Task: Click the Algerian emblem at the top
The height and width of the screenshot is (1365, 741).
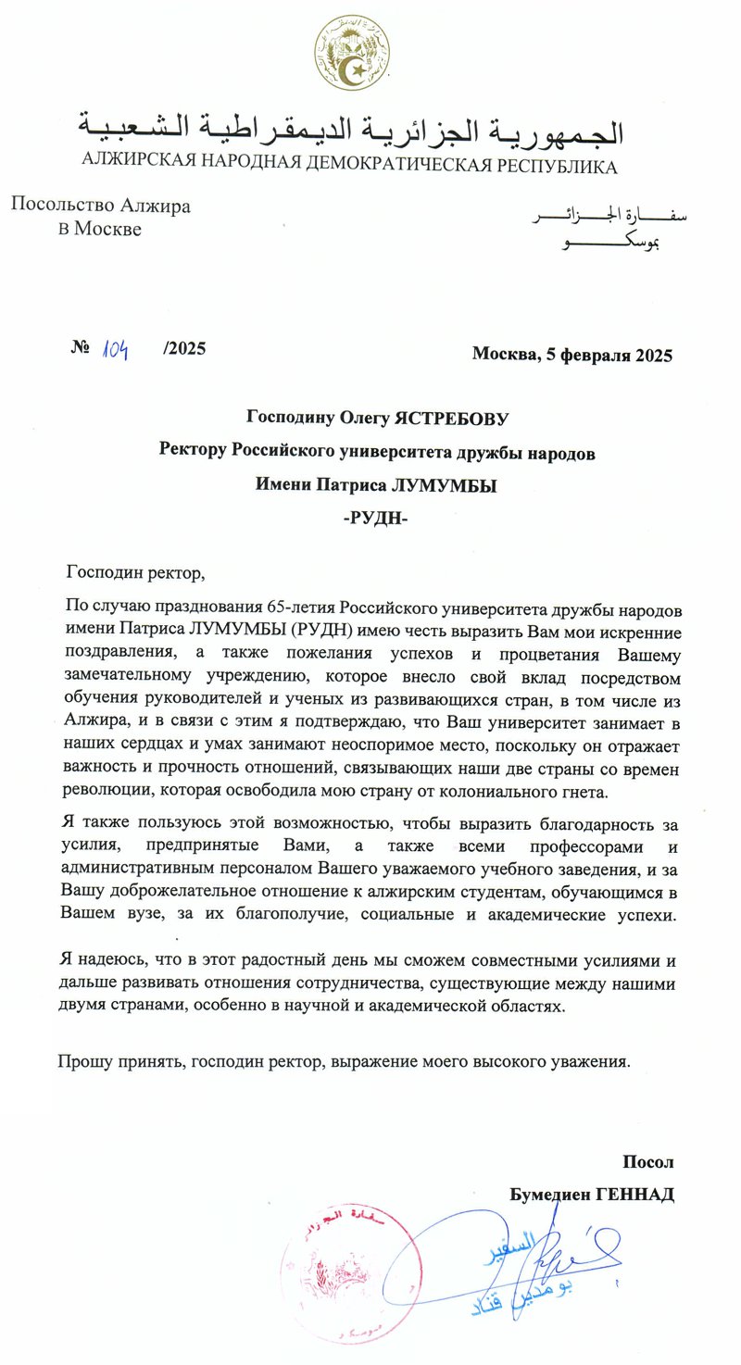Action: tap(352, 53)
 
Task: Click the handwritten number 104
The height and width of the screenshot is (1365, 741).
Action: tap(115, 349)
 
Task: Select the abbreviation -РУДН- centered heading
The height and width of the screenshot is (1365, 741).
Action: tap(375, 518)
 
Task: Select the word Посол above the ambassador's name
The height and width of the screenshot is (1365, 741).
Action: tap(648, 1162)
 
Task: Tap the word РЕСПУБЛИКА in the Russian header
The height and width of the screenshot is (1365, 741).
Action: tap(557, 167)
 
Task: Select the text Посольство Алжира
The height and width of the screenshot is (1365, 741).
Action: tap(100, 206)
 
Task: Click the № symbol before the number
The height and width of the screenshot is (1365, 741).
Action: tap(79, 349)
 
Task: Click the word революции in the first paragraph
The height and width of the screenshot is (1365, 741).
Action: tap(101, 793)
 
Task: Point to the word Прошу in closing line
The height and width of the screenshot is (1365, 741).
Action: tap(82, 1061)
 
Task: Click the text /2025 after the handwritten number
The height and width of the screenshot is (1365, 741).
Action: tap(183, 349)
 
